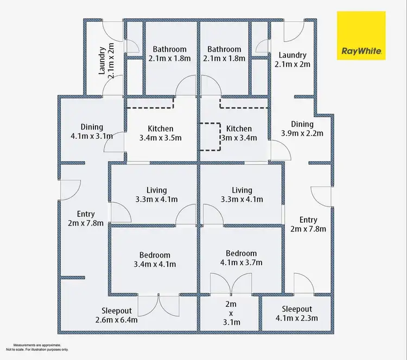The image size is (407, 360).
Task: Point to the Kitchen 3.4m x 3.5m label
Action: click(160, 133)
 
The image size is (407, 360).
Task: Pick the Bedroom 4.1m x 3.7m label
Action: click(241, 258)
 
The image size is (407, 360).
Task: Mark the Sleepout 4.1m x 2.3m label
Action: click(296, 314)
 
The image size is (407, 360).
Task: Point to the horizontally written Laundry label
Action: click(292, 59)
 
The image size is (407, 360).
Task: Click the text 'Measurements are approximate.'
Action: click(33, 345)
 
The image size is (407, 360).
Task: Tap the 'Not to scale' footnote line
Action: click(33, 350)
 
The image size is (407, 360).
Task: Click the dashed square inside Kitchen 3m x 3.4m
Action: click(210, 137)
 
